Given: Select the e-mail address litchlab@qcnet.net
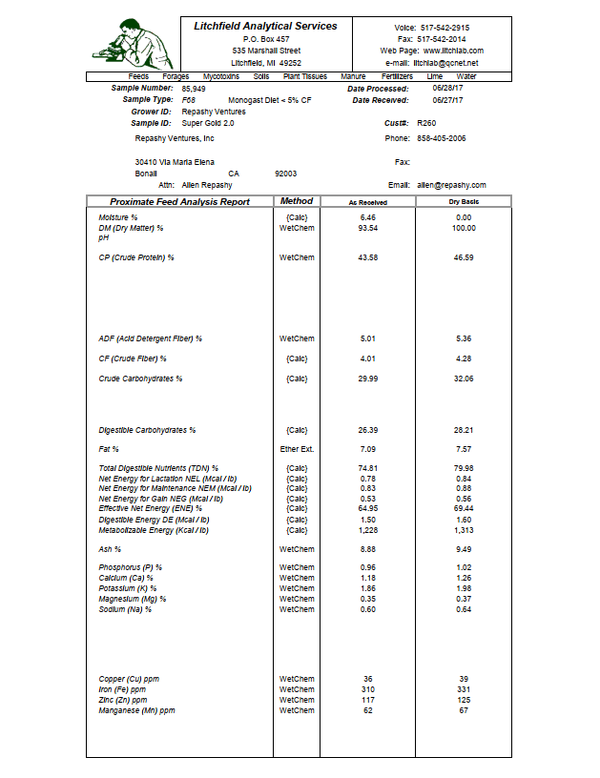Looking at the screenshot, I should point(445,63).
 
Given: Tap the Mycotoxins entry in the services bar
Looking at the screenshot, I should point(222,75).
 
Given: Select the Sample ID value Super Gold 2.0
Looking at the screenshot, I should point(208,123).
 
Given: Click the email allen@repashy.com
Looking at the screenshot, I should point(451,185).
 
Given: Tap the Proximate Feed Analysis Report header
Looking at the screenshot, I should point(179,202).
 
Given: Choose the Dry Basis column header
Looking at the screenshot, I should point(464,202).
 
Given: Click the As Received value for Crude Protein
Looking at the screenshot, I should point(367,257).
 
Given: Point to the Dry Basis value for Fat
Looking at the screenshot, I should point(465,448).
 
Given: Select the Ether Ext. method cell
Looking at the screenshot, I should point(297,448).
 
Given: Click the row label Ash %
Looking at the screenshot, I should point(111,549).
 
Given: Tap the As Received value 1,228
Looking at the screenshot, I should point(368,530).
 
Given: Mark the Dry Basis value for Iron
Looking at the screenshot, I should point(465,689).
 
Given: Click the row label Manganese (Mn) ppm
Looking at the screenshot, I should point(137,710).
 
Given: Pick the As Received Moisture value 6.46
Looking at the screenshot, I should point(368,217).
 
